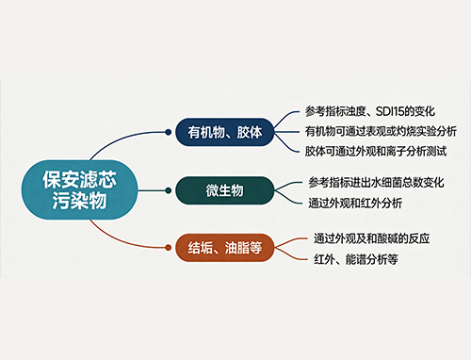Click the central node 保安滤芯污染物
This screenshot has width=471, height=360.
click(79, 189)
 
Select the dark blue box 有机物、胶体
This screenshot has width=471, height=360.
click(224, 132)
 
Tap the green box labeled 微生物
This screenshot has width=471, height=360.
click(224, 190)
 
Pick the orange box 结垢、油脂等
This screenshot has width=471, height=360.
click(224, 248)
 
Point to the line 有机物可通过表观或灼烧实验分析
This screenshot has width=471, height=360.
click(381, 131)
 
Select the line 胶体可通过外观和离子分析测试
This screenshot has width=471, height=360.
click(376, 151)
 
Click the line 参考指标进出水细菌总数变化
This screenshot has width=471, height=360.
click(376, 183)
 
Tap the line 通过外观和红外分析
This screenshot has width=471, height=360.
click(355, 203)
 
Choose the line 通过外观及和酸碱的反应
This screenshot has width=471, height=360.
click(372, 238)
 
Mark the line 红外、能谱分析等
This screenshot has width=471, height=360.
click(356, 259)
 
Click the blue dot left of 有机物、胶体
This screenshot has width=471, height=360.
click(168, 132)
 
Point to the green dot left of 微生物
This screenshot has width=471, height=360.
click(168, 190)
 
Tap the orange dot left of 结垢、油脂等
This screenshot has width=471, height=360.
click(168, 248)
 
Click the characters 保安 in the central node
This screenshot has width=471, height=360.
click(61, 179)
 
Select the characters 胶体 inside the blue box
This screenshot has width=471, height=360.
click(250, 132)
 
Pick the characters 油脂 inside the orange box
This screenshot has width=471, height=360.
click(237, 248)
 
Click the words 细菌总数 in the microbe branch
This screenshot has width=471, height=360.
click(402, 183)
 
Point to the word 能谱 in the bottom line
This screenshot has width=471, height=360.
click(356, 259)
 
